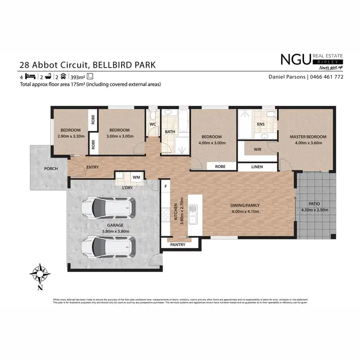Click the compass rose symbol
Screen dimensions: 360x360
[x=40, y=274]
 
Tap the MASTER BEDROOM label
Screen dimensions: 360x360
[x=308, y=137]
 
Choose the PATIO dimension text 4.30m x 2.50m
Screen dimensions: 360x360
[x=314, y=210]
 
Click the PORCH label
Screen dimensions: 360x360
[x=51, y=168]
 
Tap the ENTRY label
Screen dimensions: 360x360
[x=93, y=167]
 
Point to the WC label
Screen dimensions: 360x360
[x=153, y=124]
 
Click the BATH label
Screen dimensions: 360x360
[x=170, y=132]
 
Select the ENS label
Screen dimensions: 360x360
[x=261, y=124]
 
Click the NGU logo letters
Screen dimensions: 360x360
[x=295, y=60]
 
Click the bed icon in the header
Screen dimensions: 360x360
[x=30, y=77]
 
